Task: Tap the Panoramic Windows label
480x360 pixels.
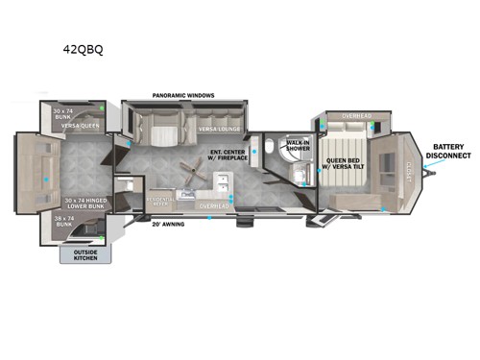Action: pos(183,95)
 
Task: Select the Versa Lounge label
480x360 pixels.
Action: pos(220,128)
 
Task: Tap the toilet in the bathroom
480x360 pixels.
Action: pos(272,147)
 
